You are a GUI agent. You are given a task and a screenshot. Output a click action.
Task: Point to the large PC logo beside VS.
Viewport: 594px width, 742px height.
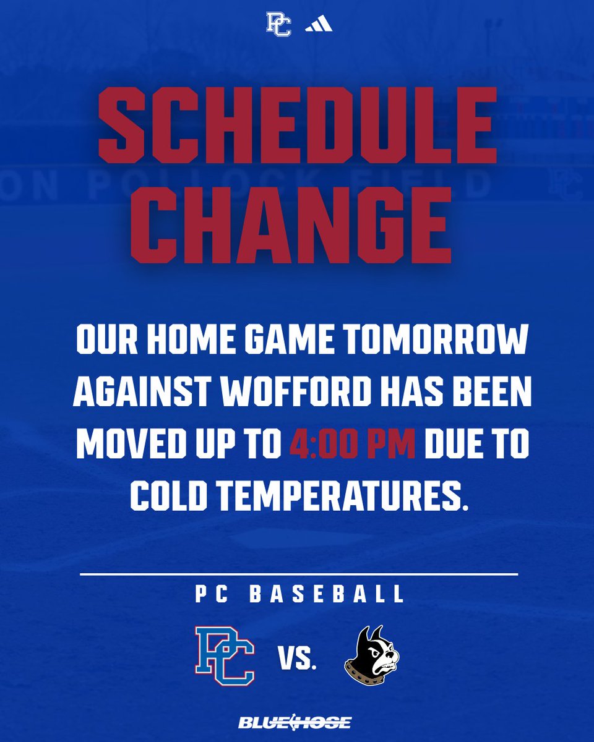click(225, 656)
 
